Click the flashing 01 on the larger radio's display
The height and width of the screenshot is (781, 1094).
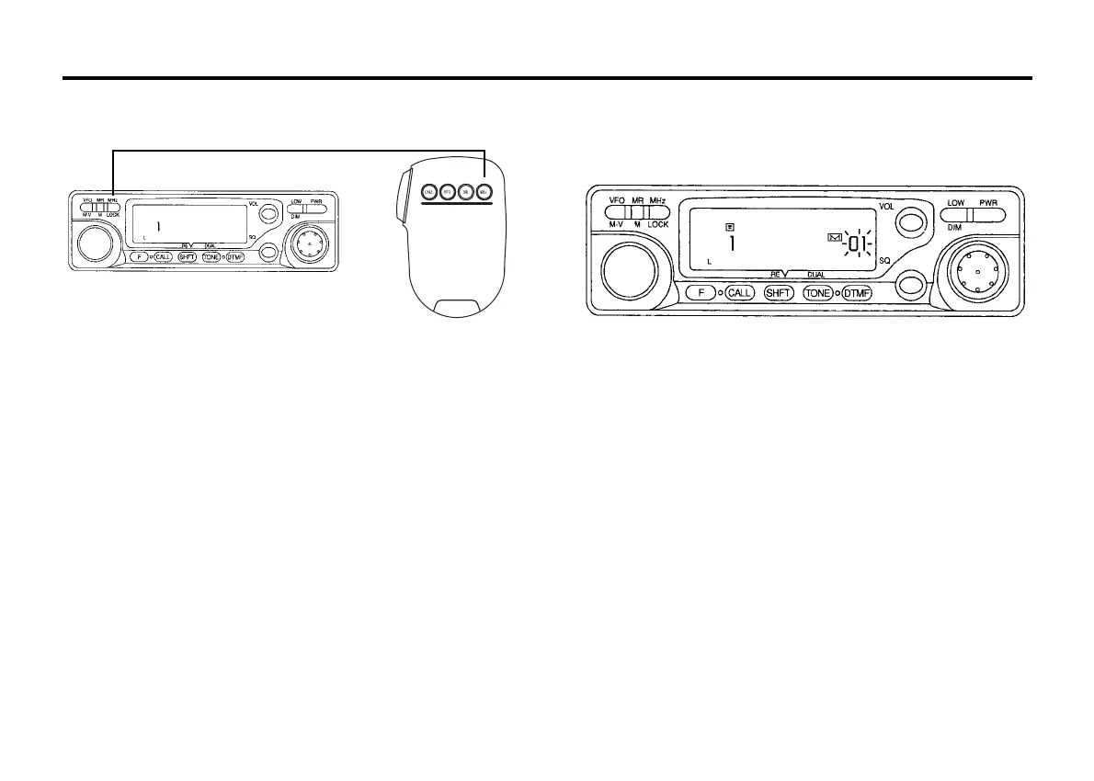[x=858, y=243]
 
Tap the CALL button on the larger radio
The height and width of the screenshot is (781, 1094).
[x=740, y=293]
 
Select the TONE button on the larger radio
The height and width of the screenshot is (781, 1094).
[x=818, y=293]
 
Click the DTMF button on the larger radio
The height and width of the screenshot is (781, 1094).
[x=857, y=293]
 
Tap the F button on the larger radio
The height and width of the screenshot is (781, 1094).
[x=701, y=293]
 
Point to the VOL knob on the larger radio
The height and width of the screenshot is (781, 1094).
[x=910, y=221]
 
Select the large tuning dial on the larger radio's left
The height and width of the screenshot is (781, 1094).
[x=630, y=273]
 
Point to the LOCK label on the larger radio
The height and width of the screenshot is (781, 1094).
[x=658, y=224]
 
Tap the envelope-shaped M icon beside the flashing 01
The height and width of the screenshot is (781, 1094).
[x=835, y=239]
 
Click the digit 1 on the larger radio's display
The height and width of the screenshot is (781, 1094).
[x=733, y=244]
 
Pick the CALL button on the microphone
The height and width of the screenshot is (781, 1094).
[x=427, y=192]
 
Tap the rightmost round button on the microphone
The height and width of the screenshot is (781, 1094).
[x=485, y=192]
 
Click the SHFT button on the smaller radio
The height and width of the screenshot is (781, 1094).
[x=188, y=257]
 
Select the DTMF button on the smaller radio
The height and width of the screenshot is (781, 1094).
[x=234, y=257]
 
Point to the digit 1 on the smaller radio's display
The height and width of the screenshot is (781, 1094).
[x=157, y=225]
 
